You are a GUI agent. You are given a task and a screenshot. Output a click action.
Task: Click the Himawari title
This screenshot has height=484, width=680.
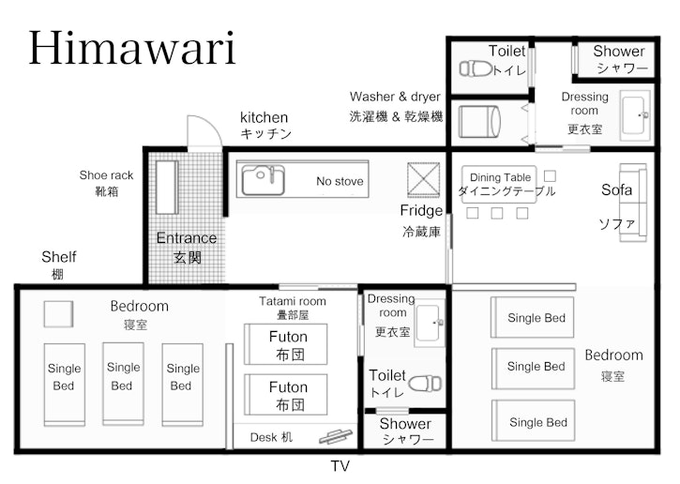pos(131,47)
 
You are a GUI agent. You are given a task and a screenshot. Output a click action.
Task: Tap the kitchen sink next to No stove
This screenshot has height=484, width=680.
pos(263,179)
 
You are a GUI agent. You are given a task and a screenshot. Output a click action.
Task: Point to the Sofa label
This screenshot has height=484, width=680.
pos(617,190)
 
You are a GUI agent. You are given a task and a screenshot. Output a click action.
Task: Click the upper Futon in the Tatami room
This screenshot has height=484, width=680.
pos(286,344)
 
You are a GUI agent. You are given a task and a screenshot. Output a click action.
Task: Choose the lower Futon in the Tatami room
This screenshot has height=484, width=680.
pos(286,395)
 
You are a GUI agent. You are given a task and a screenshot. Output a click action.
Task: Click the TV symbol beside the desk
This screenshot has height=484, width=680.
pos(335,436)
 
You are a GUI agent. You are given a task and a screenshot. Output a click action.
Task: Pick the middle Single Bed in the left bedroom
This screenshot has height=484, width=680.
pos(122,377)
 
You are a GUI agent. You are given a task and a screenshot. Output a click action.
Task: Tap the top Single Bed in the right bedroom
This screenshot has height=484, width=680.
pos(536,317)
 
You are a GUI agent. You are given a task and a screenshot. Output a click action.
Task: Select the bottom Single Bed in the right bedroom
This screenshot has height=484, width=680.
pos(537,422)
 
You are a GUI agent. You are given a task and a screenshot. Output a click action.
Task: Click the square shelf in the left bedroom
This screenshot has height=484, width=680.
pos(58,314)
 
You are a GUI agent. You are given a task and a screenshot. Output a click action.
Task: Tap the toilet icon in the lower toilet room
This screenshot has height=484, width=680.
pos(427,384)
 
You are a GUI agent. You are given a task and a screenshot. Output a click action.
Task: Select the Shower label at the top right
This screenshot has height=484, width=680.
pos(619,52)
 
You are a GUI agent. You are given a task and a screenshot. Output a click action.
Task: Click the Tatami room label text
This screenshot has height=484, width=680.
pos(293,301)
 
